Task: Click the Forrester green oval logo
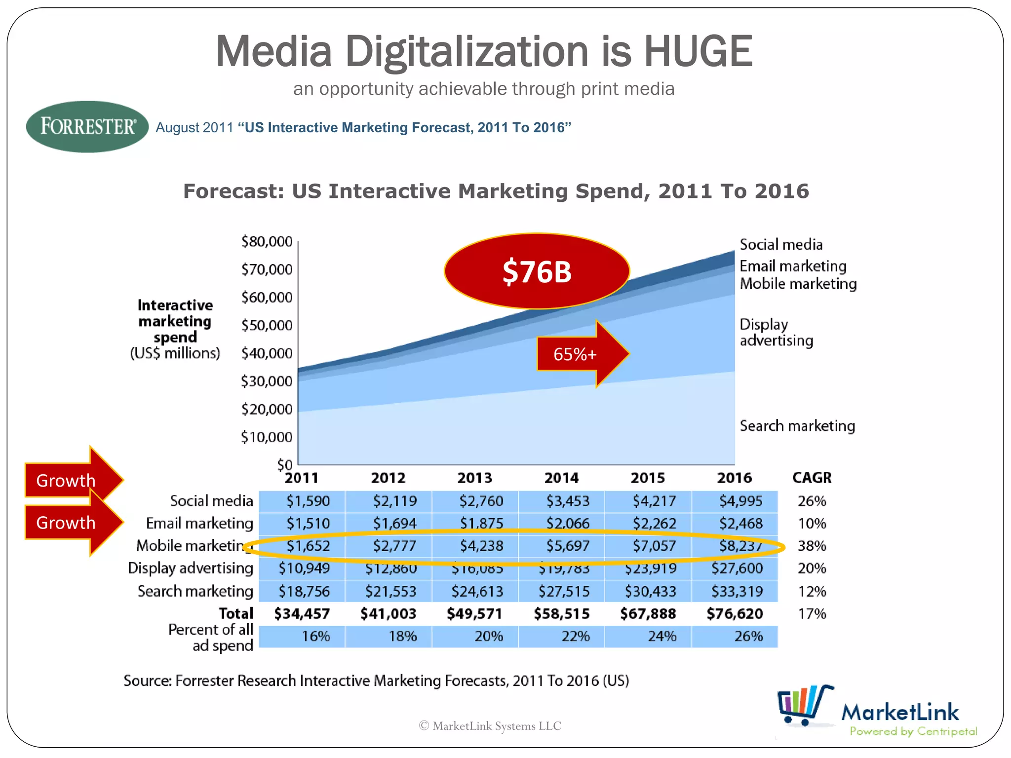point(87,126)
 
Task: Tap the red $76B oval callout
point(537,271)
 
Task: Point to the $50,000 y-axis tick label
point(267,325)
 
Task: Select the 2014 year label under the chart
point(561,478)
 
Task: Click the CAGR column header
point(812,478)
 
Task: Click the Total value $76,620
point(735,614)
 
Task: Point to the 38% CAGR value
point(812,546)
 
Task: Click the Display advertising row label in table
point(191,568)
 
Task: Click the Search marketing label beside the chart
point(797,426)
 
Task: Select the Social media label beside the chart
point(781,245)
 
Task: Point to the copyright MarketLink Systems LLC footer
point(490,726)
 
